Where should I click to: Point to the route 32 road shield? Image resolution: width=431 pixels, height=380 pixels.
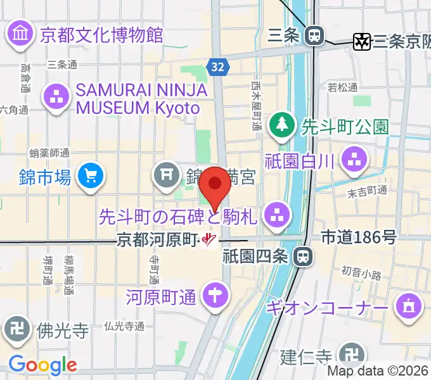pyautogui.click(x=217, y=66)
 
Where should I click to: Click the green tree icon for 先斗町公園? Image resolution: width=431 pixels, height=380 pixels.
pyautogui.click(x=281, y=124)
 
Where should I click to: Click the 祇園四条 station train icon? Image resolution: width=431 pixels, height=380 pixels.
pyautogui.click(x=304, y=256)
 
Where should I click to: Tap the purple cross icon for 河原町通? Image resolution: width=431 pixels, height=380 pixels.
pyautogui.click(x=214, y=294)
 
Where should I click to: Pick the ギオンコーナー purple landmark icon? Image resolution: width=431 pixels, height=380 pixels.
pyautogui.click(x=409, y=307)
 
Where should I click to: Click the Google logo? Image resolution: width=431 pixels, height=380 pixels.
pyautogui.click(x=42, y=365)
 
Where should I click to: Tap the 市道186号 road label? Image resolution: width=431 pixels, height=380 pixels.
pyautogui.click(x=359, y=238)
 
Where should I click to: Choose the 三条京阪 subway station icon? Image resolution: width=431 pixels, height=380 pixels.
pyautogui.click(x=363, y=42)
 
